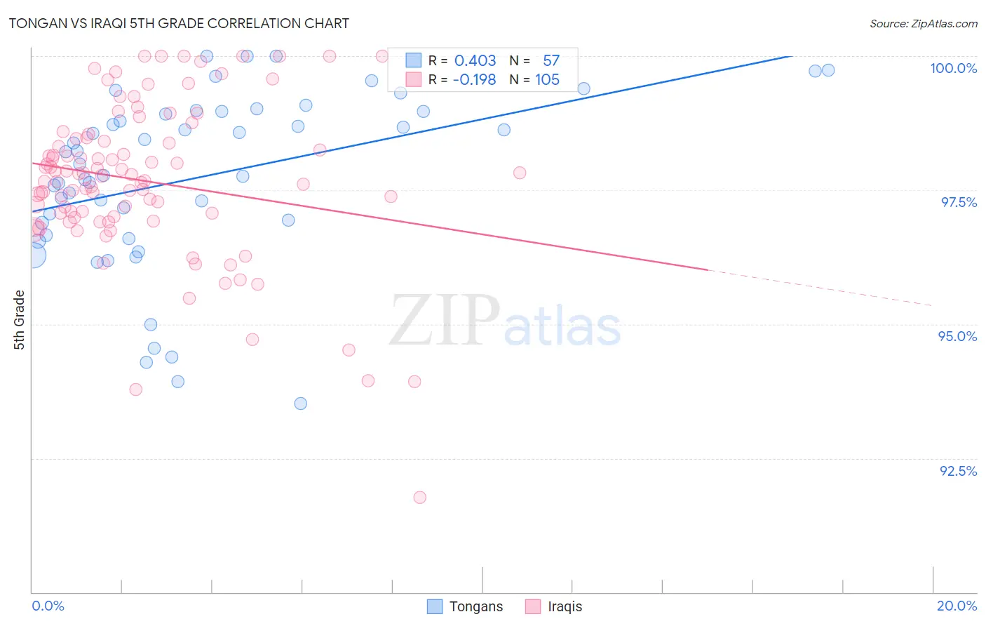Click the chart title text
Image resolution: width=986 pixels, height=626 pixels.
point(179,23)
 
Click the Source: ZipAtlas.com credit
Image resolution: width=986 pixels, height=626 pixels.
point(923,23)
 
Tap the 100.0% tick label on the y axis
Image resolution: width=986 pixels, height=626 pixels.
point(953,68)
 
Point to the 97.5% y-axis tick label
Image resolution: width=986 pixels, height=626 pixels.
point(959,202)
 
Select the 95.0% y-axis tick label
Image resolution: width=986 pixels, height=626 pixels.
point(957,336)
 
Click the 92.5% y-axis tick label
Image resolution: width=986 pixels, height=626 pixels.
point(958,471)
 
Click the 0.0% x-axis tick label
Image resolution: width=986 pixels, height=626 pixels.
point(48,606)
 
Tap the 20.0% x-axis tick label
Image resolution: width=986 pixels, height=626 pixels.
point(957,606)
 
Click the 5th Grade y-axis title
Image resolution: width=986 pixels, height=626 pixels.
point(19,319)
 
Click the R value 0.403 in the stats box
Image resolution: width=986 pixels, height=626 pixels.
point(475,61)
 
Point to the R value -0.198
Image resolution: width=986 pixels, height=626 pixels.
point(474,80)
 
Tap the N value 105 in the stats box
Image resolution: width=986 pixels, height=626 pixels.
point(547,80)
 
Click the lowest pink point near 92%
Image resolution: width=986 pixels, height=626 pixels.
point(420,498)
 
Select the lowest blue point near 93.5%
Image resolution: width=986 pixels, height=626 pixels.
point(301,404)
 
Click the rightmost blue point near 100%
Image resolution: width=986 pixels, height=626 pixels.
point(828,70)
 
